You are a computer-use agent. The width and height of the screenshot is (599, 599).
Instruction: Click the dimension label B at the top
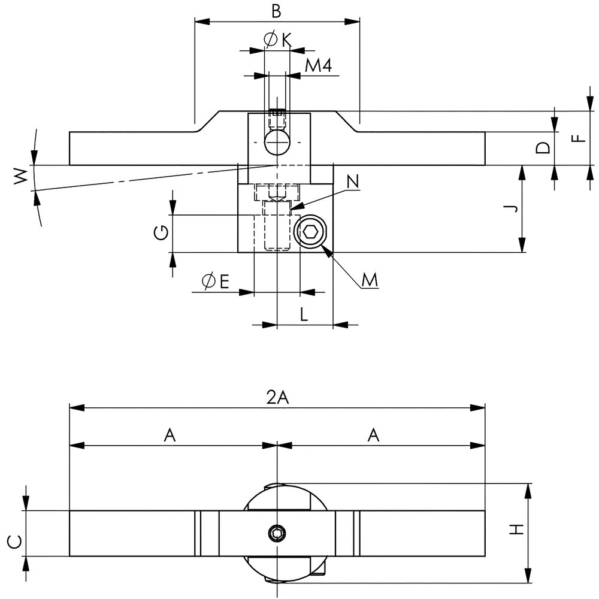(276, 11)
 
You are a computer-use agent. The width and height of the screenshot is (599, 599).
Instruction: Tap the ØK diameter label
(277, 40)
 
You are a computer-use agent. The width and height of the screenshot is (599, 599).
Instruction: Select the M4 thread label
(319, 66)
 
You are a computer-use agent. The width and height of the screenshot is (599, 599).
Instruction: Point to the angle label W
(21, 176)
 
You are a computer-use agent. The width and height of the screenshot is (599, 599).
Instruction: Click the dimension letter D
(543, 147)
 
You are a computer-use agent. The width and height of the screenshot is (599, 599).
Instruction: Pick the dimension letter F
(579, 138)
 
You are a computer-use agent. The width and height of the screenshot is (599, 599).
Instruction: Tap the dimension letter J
(513, 208)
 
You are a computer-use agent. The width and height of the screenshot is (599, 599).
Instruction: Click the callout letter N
(353, 181)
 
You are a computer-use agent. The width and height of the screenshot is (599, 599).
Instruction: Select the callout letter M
(370, 280)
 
